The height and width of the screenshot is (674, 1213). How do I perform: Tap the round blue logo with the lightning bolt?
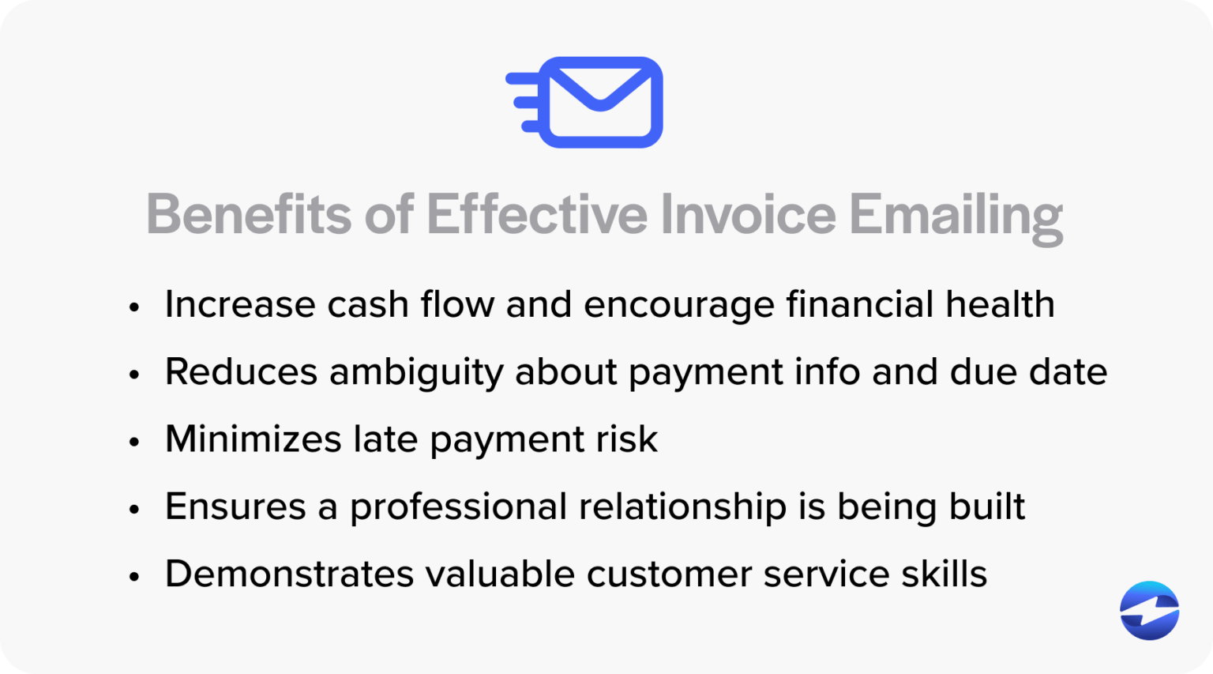pos(1149,610)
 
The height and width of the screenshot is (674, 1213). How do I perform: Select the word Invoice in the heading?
pos(747,214)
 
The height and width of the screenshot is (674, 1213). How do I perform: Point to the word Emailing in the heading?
pos(956,216)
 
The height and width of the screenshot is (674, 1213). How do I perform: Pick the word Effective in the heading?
pos(537,214)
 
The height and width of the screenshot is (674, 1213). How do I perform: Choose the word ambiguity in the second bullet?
pos(416,373)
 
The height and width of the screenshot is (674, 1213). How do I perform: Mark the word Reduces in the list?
pos(241,372)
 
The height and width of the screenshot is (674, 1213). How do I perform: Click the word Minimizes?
pos(253,439)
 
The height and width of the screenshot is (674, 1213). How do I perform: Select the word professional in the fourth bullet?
pos(458,508)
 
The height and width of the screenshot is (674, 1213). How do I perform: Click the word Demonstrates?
pos(289,574)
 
